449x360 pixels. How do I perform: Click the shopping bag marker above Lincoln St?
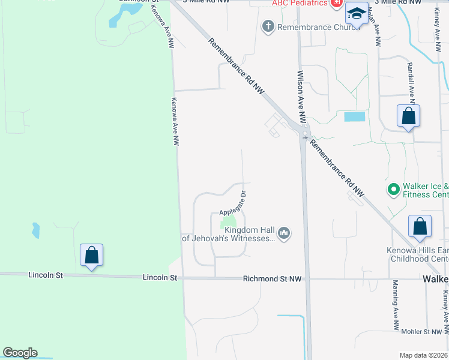(91, 255)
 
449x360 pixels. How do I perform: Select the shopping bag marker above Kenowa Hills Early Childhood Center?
(420, 227)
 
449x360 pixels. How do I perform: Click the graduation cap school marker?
(357, 14)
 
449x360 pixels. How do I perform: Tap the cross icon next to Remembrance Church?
(268, 26)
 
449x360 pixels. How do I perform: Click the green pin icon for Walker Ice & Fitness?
(394, 190)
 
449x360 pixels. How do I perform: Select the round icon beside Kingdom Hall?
(285, 233)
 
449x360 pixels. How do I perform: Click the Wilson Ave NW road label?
(301, 97)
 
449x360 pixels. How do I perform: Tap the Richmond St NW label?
(271, 279)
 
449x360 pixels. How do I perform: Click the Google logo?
(20, 353)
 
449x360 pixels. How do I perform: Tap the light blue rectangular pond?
(354, 117)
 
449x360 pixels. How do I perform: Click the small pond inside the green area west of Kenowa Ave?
(35, 229)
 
